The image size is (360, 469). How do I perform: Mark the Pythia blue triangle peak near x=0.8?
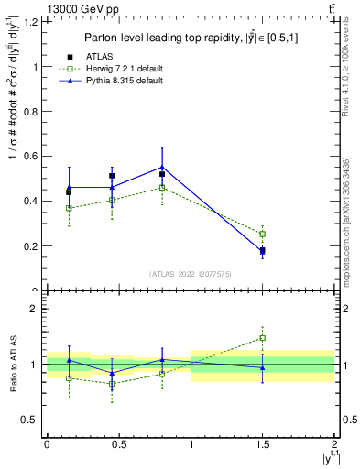[x=162, y=167]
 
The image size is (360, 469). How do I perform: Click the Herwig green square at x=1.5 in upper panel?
[x=262, y=234]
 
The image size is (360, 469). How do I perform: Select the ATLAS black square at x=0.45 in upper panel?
[x=112, y=176]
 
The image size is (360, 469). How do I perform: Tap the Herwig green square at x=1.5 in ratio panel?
[x=262, y=338]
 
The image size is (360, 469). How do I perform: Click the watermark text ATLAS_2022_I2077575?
[x=190, y=273]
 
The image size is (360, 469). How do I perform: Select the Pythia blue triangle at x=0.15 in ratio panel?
[x=69, y=360]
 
